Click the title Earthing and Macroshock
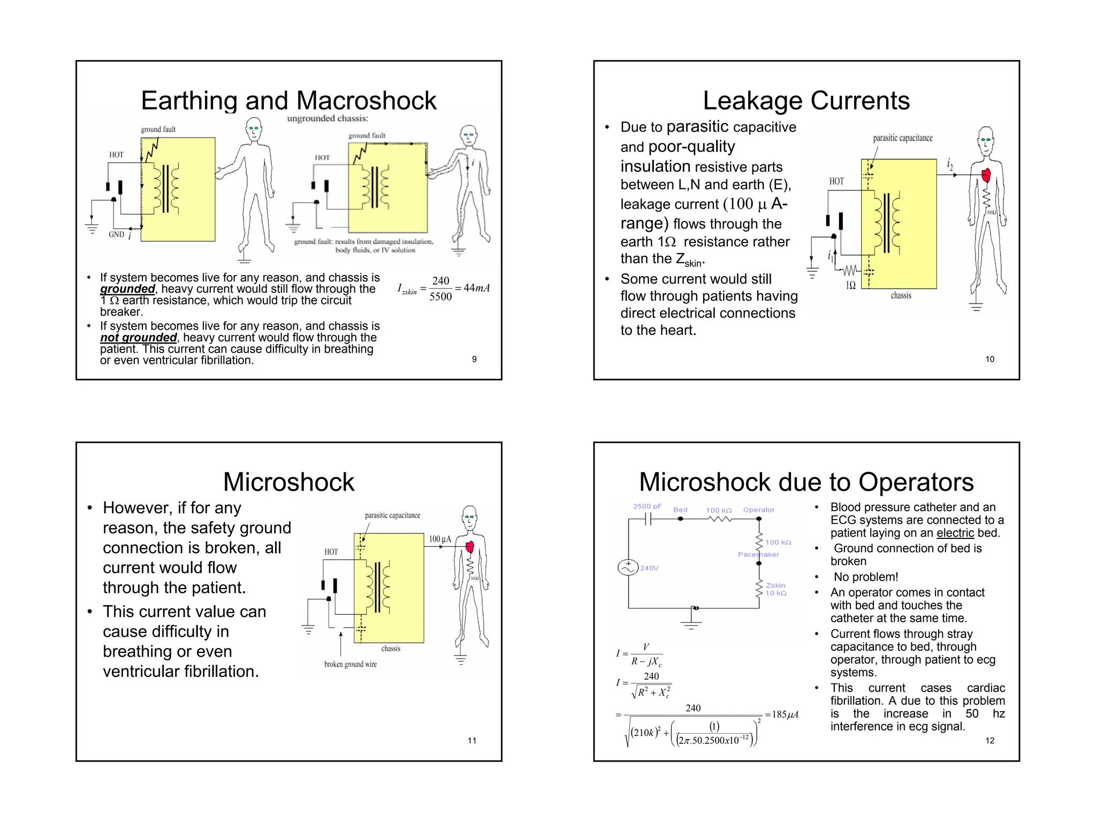288,101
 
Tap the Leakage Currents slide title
806,101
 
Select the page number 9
474,359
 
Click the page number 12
990,741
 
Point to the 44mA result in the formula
476,288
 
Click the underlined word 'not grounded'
138,338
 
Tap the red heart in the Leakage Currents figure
986,174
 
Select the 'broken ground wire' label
350,664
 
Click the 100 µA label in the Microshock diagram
440,539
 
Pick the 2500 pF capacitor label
647,506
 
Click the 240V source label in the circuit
649,568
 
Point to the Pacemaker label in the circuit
758,554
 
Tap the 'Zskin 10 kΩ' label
775,589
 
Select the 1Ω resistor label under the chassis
850,285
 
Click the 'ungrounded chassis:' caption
328,118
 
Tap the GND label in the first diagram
116,234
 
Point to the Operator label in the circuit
758,510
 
